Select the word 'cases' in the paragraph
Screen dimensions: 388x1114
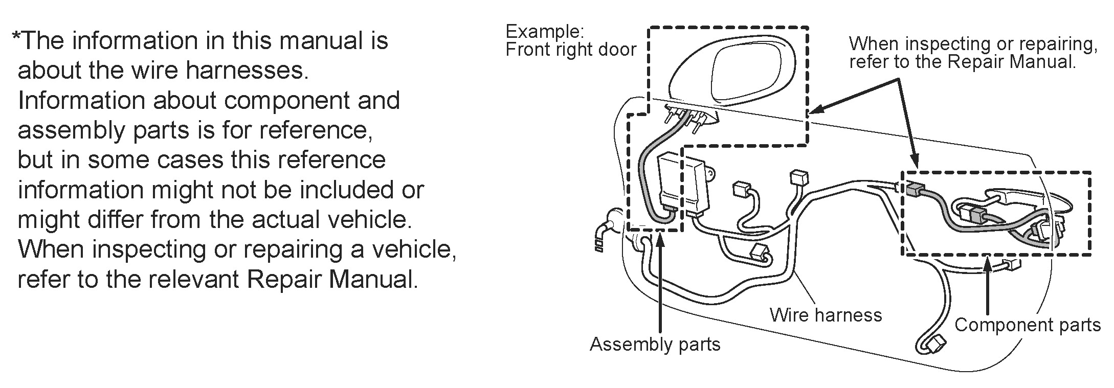[x=189, y=160]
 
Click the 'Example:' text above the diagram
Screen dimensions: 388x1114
[x=544, y=32]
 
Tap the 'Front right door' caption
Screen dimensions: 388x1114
[x=570, y=50]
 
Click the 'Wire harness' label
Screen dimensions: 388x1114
[x=826, y=315]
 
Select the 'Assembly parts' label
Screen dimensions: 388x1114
[x=655, y=344]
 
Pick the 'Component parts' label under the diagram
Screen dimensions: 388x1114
[x=1027, y=325]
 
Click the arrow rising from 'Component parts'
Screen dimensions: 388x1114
[x=988, y=286]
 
